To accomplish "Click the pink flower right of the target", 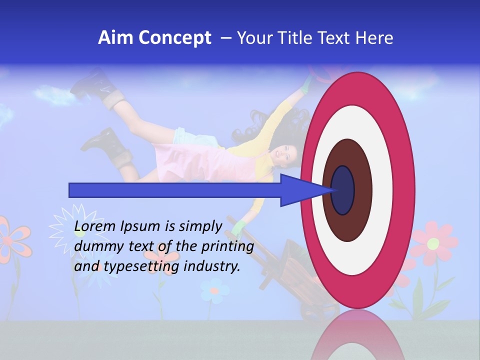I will click(433, 243).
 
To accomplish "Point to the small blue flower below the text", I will click(214, 290).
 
